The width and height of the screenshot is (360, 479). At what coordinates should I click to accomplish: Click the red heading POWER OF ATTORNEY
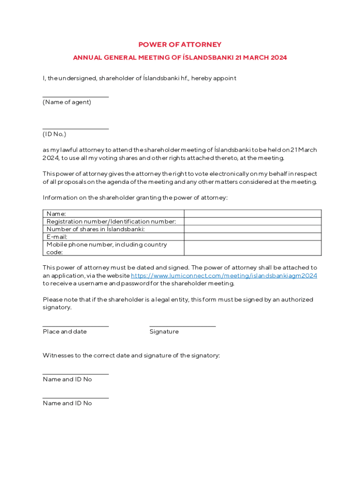[x=180, y=44]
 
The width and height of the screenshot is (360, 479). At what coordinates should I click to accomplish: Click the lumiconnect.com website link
[x=224, y=276]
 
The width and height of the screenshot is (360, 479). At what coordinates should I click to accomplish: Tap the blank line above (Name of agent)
[x=75, y=96]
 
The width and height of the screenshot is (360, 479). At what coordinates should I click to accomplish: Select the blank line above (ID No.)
[x=75, y=128]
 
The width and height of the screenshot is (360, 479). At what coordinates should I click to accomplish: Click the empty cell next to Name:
[x=252, y=214]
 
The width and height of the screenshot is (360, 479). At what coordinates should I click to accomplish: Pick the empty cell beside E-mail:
[x=252, y=237]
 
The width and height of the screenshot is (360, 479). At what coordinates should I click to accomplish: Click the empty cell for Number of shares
[x=252, y=229]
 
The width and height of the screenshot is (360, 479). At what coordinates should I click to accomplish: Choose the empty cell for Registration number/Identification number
[x=252, y=221]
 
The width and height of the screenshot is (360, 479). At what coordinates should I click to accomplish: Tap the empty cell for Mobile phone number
[x=252, y=248]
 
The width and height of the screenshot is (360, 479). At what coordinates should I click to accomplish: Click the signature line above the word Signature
[x=182, y=326]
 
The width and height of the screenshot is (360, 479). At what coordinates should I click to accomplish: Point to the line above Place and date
[x=75, y=326]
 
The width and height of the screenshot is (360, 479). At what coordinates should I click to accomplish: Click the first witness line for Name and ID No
[x=75, y=374]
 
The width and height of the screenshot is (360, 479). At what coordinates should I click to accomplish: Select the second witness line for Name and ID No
[x=75, y=398]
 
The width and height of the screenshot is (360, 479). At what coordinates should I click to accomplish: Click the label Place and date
[x=65, y=332]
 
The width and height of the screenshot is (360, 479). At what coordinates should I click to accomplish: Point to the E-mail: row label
[x=57, y=237]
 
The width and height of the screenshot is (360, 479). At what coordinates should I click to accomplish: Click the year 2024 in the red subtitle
[x=279, y=58]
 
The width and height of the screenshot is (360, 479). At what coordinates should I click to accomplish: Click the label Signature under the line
[x=164, y=332]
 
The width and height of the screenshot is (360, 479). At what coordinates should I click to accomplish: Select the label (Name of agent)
[x=67, y=102]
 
